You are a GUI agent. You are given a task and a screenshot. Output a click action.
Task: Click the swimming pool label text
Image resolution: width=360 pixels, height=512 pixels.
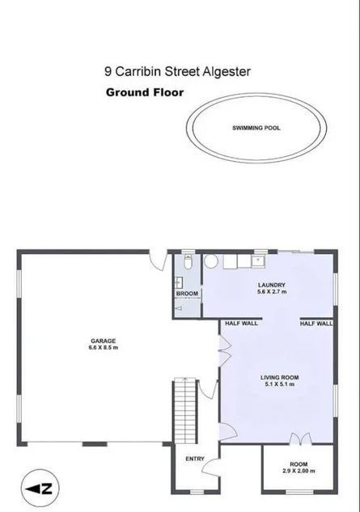coord(256,128)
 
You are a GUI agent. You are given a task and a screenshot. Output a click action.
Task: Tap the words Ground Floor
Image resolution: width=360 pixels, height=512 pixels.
coord(145,92)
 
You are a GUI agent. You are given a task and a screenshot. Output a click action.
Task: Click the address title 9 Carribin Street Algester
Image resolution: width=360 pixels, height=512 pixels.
coord(177,71)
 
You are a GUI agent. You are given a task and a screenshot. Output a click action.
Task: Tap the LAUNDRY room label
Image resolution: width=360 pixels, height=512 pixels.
coord(271,285)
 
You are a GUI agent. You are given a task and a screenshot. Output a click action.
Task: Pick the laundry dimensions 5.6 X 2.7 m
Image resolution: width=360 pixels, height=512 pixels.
coord(271,292)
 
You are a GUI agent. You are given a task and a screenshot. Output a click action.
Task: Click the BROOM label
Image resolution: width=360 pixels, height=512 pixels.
coord(187,293)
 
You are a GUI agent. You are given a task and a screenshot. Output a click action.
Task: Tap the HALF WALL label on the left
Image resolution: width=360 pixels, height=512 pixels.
coord(241,324)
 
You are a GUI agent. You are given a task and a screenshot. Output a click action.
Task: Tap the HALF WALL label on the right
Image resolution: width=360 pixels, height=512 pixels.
coord(316,324)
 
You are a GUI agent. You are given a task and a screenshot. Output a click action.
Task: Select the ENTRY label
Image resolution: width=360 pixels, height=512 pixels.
coord(195,459)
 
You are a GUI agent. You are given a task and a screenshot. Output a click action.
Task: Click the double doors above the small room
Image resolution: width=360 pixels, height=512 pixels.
coord(299,439)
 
